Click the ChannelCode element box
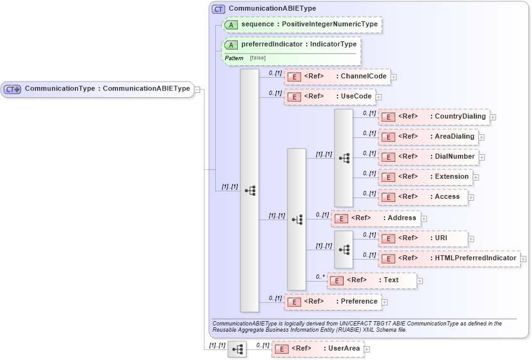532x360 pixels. (337, 77)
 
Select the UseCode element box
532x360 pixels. (329, 97)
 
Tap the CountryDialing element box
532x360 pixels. (433, 117)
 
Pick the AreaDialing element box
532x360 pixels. (428, 137)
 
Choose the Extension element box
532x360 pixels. (425, 177)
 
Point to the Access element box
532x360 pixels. (423, 197)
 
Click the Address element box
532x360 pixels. (376, 218)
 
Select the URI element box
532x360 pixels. (423, 238)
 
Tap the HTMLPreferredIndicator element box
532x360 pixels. (449, 258)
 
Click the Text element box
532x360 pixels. (372, 280)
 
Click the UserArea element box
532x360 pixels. (317, 349)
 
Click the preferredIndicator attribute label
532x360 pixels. (299, 45)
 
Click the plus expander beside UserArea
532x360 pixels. (367, 349)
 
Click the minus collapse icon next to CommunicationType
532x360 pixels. (197, 89)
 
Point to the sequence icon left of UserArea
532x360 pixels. (237, 349)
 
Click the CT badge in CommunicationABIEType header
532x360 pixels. (218, 9)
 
